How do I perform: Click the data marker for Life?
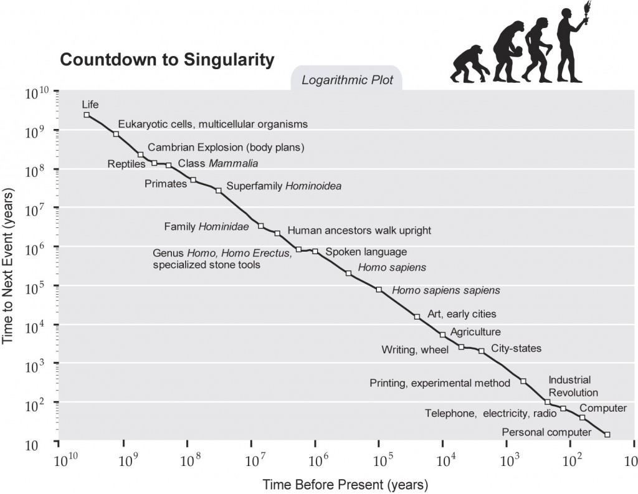[x=87, y=115]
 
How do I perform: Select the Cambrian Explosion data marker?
[x=140, y=154]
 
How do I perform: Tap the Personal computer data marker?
[x=607, y=434]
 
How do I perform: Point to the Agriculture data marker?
[x=442, y=335]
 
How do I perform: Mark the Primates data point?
[x=193, y=180]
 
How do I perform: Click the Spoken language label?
[x=366, y=252]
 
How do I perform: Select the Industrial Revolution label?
[x=573, y=386]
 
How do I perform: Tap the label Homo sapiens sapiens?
[x=445, y=290]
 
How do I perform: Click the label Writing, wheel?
[x=415, y=349]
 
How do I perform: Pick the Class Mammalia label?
[x=217, y=164]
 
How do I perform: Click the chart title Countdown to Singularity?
[x=166, y=60]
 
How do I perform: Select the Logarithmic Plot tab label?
[x=347, y=80]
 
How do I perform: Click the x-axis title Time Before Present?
[x=345, y=484]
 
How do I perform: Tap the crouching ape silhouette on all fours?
[x=469, y=64]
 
